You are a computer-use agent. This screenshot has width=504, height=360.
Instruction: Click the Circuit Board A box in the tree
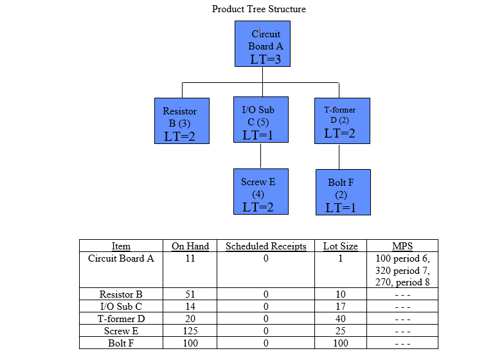262,44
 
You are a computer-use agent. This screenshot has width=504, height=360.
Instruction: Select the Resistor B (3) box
182,121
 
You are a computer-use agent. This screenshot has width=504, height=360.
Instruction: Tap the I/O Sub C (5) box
260,120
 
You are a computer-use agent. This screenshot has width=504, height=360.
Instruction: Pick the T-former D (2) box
342,121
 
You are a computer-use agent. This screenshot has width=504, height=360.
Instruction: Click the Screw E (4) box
260,192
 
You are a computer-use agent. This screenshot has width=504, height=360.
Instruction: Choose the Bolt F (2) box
343,192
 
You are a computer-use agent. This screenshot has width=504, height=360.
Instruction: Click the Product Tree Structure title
259,9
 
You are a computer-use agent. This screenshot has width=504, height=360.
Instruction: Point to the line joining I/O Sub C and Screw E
260,156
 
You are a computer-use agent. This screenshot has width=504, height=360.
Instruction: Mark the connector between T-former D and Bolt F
339,156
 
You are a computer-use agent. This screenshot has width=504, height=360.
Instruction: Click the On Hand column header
190,246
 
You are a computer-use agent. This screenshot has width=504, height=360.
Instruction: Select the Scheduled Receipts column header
266,246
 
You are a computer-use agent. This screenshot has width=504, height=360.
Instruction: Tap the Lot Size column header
341,246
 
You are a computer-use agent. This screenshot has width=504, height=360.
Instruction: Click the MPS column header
402,246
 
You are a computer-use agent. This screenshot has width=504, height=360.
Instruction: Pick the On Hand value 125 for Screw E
190,331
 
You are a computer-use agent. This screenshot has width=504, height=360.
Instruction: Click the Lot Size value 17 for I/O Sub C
341,307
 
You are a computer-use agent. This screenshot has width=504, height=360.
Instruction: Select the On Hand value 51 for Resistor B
190,294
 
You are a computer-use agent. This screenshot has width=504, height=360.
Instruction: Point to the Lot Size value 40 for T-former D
341,319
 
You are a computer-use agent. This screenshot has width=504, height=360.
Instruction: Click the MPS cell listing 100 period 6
402,258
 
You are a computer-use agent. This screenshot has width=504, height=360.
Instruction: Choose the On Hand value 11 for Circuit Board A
190,258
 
